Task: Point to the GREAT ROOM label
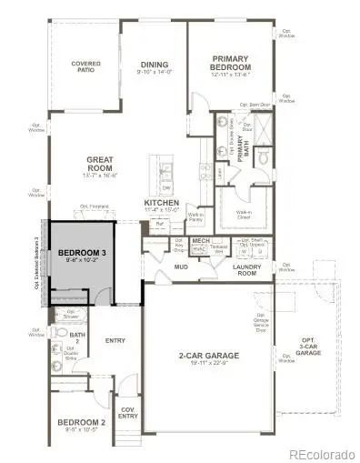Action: tap(100, 165)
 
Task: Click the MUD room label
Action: tap(180, 268)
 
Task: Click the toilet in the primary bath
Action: tap(261, 158)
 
